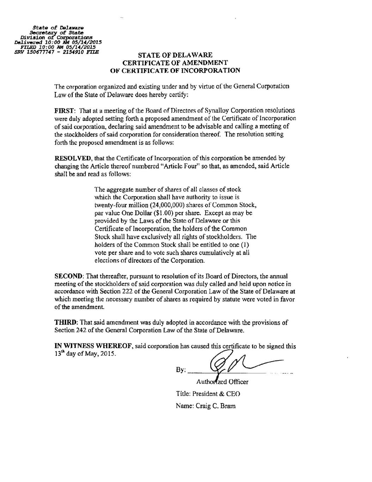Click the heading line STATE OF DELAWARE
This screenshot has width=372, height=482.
(175, 55)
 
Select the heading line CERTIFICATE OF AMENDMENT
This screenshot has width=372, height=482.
(175, 63)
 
